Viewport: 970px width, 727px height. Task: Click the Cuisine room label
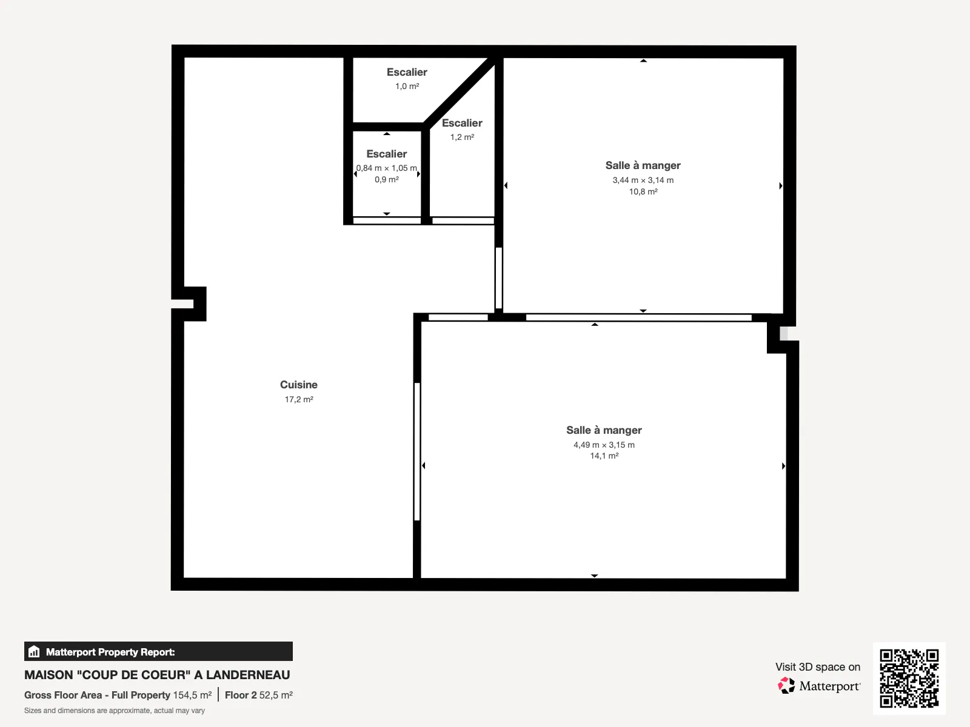tap(299, 385)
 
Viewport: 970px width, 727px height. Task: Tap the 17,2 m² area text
tap(299, 399)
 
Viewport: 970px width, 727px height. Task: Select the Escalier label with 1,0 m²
tap(407, 72)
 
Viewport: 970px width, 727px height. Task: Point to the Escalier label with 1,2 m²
tap(462, 123)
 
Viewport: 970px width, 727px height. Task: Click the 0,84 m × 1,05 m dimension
tap(387, 168)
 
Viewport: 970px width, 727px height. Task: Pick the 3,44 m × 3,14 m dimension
tap(643, 180)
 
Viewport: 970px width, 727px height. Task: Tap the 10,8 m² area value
tap(643, 191)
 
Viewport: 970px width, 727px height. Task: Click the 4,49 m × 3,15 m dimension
tap(604, 445)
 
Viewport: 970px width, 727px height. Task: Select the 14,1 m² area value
tap(604, 456)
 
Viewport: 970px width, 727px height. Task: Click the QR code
tap(909, 678)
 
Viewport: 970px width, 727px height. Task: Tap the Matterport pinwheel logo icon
tap(786, 686)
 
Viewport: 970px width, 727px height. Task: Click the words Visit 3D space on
tap(818, 667)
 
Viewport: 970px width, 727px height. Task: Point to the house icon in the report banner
tap(34, 651)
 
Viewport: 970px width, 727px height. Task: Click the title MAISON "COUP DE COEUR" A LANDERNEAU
tap(157, 675)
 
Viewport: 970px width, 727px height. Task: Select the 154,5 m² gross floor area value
tap(192, 695)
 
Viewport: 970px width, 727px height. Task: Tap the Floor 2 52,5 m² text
tap(258, 695)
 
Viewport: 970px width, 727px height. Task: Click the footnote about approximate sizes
tap(115, 711)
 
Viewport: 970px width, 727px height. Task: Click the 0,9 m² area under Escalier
tap(387, 180)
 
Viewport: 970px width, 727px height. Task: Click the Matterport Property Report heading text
tap(110, 652)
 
